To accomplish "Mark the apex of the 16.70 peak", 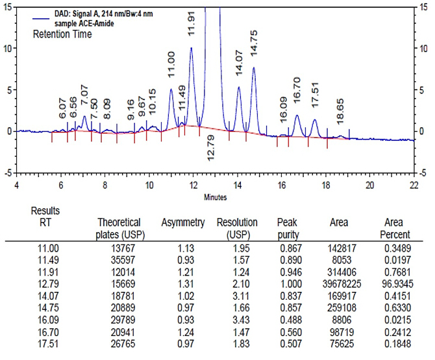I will (297, 115).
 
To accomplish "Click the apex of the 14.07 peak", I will (238, 87).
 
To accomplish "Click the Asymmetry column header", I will (182, 222).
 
